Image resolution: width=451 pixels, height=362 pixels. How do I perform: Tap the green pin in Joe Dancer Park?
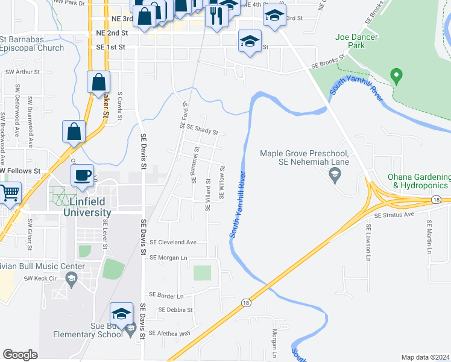coord(396,77)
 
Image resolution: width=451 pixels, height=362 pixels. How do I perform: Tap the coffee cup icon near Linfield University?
coord(83,176)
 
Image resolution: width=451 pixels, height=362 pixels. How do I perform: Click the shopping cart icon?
coord(8,194)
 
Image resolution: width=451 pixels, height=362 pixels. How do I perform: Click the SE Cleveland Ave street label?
coord(174,242)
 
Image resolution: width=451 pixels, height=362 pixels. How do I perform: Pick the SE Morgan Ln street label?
coord(168,258)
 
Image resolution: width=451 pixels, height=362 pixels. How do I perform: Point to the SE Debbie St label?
coord(175,310)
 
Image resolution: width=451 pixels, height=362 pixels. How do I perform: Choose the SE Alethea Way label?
coord(169,333)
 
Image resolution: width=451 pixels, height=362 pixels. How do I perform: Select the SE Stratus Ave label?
coord(394,214)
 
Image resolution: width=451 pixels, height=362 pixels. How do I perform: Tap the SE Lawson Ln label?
coord(367,243)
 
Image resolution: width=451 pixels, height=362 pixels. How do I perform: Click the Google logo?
coord(20,355)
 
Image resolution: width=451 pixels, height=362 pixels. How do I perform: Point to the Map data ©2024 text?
coord(425,357)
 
